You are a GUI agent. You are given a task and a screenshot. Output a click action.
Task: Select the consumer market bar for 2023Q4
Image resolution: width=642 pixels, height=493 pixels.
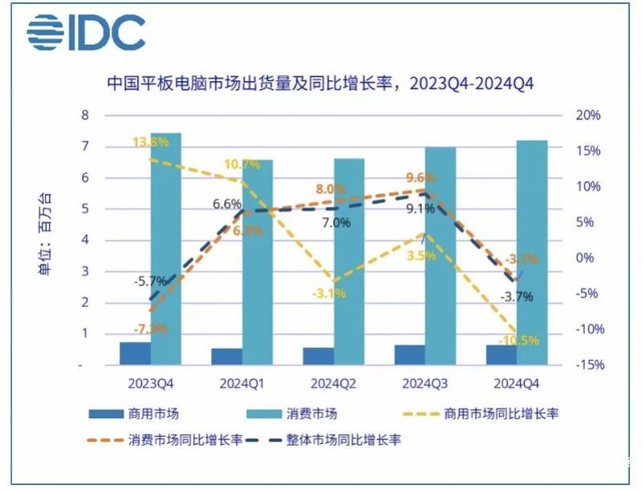[x=165, y=249]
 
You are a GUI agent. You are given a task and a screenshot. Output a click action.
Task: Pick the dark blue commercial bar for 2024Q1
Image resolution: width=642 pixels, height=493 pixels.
[x=226, y=356]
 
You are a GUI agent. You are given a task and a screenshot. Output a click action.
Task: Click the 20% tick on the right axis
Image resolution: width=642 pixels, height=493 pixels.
[x=588, y=115]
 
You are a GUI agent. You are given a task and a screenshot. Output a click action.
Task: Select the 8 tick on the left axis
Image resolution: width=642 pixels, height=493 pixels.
[x=84, y=115]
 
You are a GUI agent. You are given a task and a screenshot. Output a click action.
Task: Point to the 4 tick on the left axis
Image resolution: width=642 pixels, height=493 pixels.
[x=84, y=240]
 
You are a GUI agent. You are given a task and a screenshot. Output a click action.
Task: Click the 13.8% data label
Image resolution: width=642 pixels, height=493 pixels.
[x=150, y=142]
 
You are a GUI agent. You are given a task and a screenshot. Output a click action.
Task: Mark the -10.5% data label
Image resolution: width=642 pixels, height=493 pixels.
[x=519, y=340]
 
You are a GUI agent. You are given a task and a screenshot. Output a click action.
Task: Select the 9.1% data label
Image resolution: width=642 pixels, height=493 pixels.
[x=420, y=209]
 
